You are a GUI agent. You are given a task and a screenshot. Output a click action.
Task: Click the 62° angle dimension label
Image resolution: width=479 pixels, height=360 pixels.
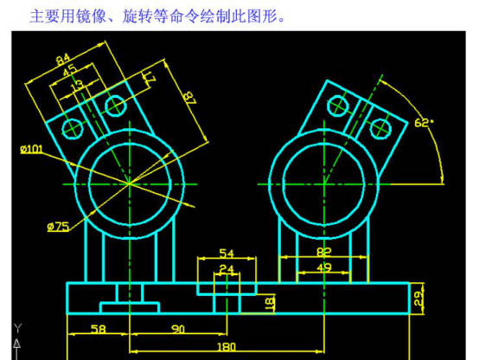(x=424, y=123)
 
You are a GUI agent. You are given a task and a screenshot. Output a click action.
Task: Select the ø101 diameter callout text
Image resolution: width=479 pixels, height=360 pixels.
(x=31, y=149)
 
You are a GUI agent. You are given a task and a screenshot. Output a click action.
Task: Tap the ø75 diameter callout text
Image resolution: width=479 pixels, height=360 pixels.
(x=58, y=227)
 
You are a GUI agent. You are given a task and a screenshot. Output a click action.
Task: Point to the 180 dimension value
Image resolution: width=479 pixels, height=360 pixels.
(x=227, y=347)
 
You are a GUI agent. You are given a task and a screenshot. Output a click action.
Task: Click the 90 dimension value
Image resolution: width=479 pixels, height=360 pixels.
(x=178, y=329)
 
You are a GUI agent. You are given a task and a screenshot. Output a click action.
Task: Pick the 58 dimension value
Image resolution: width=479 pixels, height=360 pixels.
(x=99, y=329)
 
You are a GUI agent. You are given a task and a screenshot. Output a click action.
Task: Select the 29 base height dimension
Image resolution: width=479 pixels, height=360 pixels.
(x=418, y=298)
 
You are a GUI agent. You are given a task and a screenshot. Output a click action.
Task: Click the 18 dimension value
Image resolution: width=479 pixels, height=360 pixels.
(x=270, y=303)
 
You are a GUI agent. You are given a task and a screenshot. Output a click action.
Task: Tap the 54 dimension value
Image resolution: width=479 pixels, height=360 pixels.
(x=227, y=254)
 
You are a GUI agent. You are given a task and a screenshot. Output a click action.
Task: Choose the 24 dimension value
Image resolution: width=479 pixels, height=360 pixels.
(x=227, y=269)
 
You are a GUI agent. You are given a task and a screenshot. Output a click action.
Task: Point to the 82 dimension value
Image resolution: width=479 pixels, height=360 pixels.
(x=324, y=252)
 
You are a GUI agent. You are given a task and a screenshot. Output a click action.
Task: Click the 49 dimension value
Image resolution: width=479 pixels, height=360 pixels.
(x=324, y=267)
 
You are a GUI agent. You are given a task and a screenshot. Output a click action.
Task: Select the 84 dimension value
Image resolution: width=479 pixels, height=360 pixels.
(x=63, y=59)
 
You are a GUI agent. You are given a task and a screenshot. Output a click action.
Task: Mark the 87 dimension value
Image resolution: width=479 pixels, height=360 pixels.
(x=189, y=99)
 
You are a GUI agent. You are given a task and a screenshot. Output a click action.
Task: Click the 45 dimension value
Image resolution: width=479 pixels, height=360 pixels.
(x=70, y=70)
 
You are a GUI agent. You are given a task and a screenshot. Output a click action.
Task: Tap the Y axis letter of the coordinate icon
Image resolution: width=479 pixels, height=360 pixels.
(x=17, y=328)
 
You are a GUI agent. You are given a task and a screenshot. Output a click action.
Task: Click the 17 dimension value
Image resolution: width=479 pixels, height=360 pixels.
(x=150, y=78)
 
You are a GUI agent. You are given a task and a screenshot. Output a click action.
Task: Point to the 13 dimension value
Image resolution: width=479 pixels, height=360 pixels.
(x=77, y=86)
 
